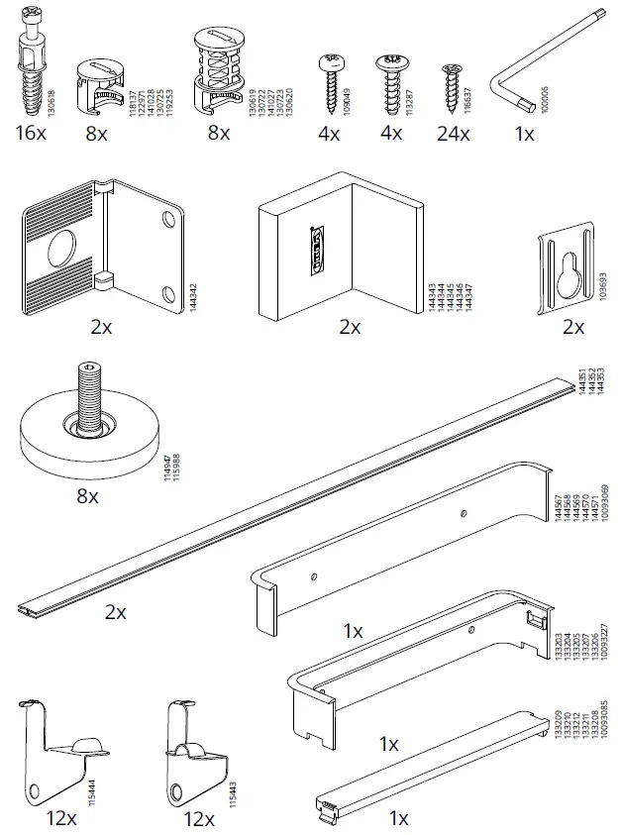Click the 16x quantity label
click(x=30, y=133)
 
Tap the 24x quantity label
click(x=453, y=134)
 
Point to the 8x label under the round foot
click(x=87, y=495)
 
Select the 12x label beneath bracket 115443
click(x=199, y=819)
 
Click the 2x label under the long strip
click(x=116, y=612)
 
